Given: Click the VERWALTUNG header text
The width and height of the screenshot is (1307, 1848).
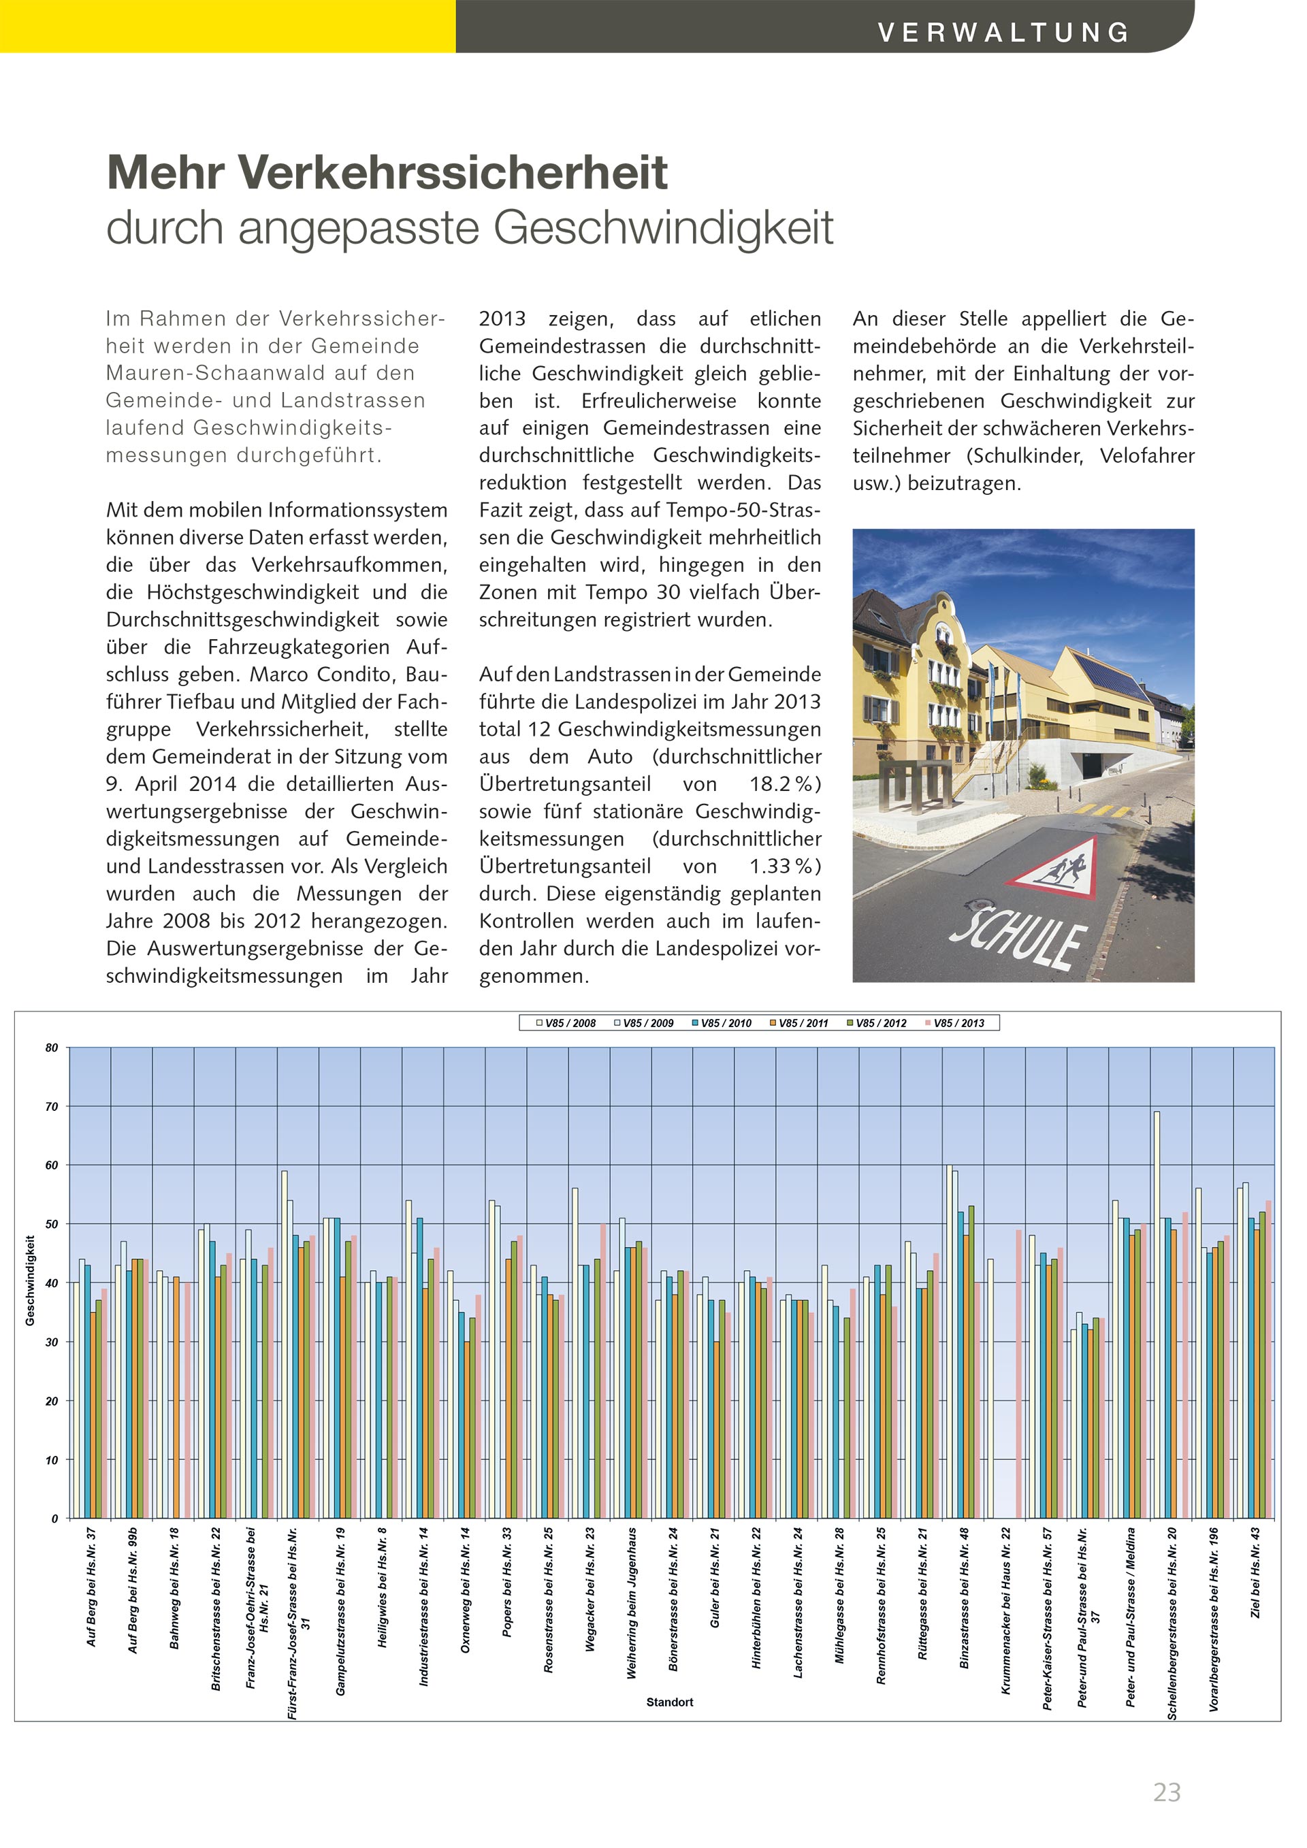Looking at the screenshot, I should click(x=1003, y=32).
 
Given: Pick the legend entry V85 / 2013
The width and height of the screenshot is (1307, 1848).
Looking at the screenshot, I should click(x=958, y=1023).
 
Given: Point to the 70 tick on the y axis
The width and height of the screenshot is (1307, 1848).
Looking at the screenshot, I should click(x=52, y=1107).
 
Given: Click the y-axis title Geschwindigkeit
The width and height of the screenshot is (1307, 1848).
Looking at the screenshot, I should click(x=30, y=1280).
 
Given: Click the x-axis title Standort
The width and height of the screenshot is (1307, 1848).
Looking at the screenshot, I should click(x=670, y=1702).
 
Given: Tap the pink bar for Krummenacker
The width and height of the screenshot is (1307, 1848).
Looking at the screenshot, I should click(x=1019, y=1374).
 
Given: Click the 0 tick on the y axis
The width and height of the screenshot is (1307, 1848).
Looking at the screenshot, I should click(x=54, y=1519).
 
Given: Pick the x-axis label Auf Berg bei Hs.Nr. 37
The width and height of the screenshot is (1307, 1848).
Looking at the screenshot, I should click(x=92, y=1587).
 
